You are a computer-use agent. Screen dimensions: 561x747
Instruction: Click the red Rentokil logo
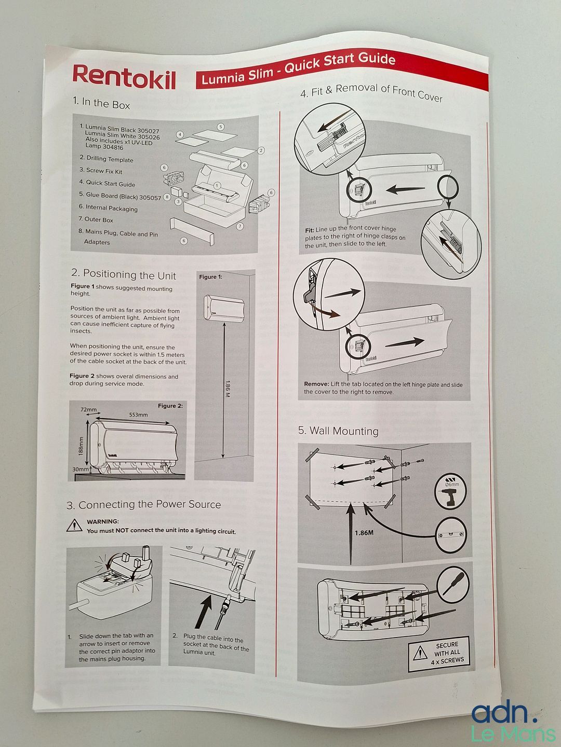click(x=124, y=77)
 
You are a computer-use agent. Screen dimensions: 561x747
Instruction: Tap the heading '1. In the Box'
click(x=101, y=103)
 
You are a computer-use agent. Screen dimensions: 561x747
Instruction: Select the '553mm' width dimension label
click(x=138, y=415)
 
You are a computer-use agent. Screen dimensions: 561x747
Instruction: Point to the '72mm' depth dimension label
click(x=88, y=409)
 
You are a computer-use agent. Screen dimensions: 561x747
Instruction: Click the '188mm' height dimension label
click(x=81, y=446)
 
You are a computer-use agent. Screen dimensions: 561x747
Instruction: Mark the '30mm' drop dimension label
click(x=81, y=469)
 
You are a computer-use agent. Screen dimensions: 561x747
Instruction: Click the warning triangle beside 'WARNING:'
click(x=74, y=525)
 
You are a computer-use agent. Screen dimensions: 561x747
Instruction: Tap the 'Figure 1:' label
click(x=210, y=276)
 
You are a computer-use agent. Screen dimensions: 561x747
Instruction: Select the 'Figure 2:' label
click(x=170, y=406)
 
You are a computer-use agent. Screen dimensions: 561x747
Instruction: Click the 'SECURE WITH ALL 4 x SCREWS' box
click(x=438, y=654)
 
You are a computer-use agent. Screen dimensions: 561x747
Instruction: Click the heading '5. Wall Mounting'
click(x=338, y=431)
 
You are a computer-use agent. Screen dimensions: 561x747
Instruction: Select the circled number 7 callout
click(x=240, y=226)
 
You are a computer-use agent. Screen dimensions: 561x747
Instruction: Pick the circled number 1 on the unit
click(x=217, y=186)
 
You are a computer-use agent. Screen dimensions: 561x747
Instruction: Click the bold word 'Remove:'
click(x=316, y=384)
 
